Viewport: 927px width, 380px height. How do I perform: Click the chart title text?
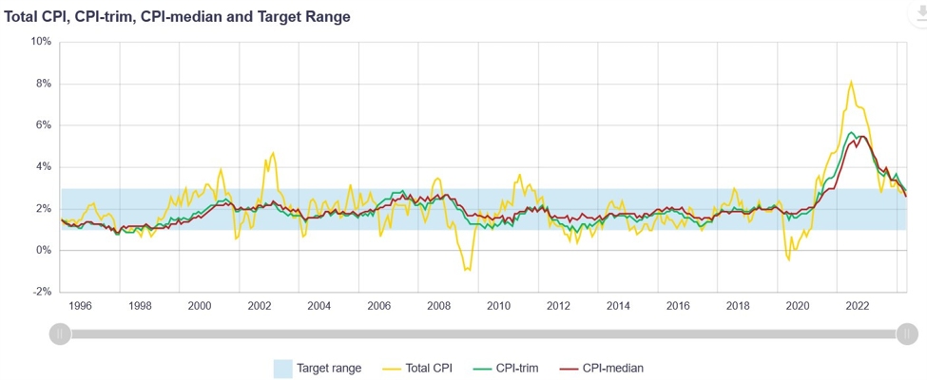177,17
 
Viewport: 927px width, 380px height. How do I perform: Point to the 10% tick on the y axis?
41,42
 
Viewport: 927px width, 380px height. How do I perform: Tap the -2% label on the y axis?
42,292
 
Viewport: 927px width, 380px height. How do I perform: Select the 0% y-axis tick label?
44,250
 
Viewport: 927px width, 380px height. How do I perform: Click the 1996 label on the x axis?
80,306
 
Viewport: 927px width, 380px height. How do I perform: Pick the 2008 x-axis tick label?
438,306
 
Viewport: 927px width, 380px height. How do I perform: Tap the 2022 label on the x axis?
857,306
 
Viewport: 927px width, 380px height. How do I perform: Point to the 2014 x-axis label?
618,306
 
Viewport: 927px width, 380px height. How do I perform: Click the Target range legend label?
328,368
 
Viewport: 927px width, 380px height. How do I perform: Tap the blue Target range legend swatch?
282,368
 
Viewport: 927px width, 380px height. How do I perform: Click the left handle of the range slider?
60,333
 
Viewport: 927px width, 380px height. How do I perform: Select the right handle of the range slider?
907,333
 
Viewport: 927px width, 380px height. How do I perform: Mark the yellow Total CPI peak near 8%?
851,82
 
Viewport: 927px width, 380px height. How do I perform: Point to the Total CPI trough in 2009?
466,270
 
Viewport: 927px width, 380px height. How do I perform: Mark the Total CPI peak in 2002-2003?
273,153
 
